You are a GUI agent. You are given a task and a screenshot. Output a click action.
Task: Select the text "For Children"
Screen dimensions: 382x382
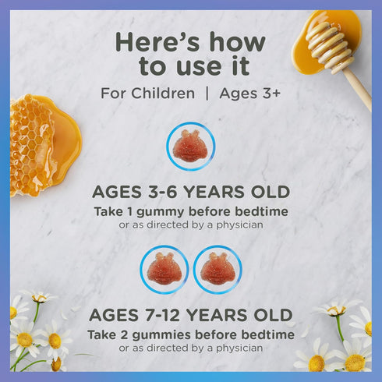(147, 94)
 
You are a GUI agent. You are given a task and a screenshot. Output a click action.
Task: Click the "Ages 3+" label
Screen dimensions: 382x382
(251, 94)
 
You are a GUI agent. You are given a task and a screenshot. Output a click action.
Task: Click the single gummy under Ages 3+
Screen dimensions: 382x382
(190, 147)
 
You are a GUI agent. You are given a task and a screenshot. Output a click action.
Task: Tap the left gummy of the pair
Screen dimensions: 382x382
(164, 270)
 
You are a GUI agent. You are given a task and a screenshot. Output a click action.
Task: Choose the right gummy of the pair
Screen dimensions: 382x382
(218, 270)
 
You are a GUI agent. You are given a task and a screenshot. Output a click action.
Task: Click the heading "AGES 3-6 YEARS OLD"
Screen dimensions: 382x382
(191, 193)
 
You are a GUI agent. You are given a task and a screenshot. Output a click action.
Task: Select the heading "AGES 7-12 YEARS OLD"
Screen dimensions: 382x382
(191, 316)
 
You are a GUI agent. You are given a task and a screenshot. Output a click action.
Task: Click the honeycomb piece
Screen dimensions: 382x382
(35, 144)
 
